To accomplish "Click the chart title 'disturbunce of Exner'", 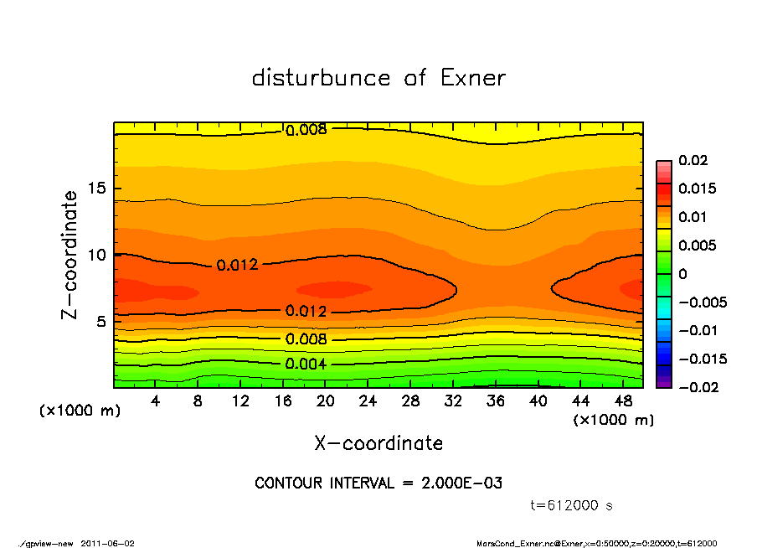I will click(x=378, y=78).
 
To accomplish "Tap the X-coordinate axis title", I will click(x=378, y=442).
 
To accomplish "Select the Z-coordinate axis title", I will click(x=70, y=255).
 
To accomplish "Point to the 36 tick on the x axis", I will click(x=496, y=401).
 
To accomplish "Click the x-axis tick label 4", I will click(x=156, y=401).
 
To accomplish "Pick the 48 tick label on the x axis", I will click(x=623, y=401).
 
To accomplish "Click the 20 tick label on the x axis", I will click(x=326, y=401).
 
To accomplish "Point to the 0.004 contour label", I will click(x=306, y=364).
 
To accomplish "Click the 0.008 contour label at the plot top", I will click(x=306, y=130).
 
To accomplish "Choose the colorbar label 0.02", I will click(x=693, y=160).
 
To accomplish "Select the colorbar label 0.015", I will click(x=697, y=189).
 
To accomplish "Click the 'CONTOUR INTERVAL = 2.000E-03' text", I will click(x=378, y=483).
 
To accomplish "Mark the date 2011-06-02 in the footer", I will click(x=108, y=543).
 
